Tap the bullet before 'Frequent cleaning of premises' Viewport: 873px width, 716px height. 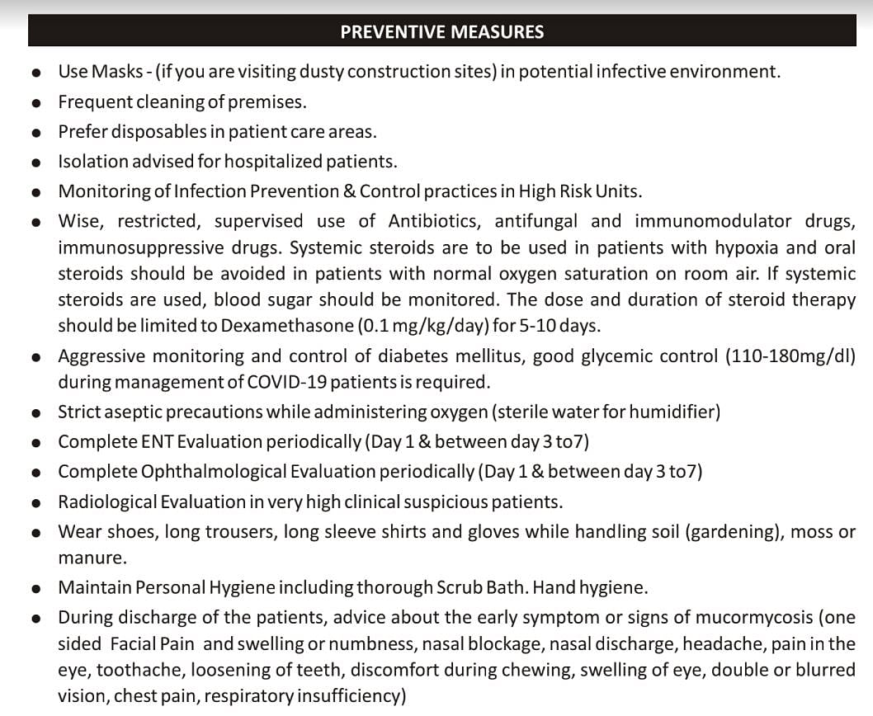[37, 104]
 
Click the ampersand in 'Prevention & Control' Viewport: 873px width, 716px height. [349, 191]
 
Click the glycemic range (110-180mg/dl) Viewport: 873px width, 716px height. [790, 356]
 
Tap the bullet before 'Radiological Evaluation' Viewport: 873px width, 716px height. [37, 503]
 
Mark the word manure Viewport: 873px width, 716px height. [92, 558]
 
